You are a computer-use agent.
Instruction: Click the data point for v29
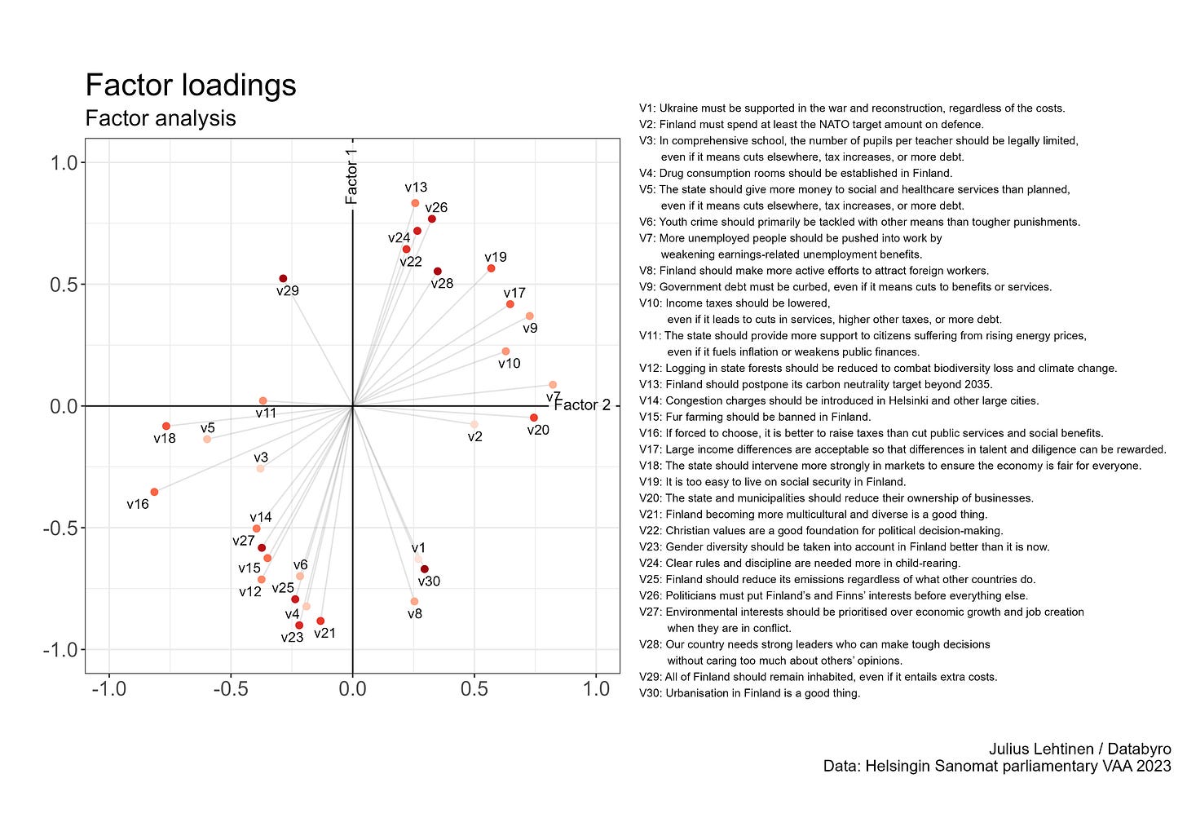coord(283,279)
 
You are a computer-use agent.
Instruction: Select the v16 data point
coord(154,492)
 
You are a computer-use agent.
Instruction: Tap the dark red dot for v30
coord(424,569)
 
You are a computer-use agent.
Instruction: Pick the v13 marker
coord(415,203)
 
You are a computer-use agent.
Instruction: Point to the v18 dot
coord(166,426)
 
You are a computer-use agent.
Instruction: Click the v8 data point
coord(414,601)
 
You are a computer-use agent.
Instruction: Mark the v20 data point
coord(534,418)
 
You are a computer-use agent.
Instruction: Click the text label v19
coord(496,257)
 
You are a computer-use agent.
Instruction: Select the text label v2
coord(474,437)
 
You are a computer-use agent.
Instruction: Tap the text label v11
coord(266,413)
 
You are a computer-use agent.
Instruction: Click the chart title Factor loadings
coord(191,86)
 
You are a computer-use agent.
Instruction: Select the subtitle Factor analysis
coord(161,118)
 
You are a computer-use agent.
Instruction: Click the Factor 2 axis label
coord(582,405)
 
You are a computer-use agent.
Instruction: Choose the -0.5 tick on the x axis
coord(230,689)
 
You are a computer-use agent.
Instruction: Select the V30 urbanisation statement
coord(749,693)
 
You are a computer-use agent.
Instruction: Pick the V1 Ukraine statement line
coord(852,108)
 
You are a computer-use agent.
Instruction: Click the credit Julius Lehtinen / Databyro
coord(1079,749)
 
